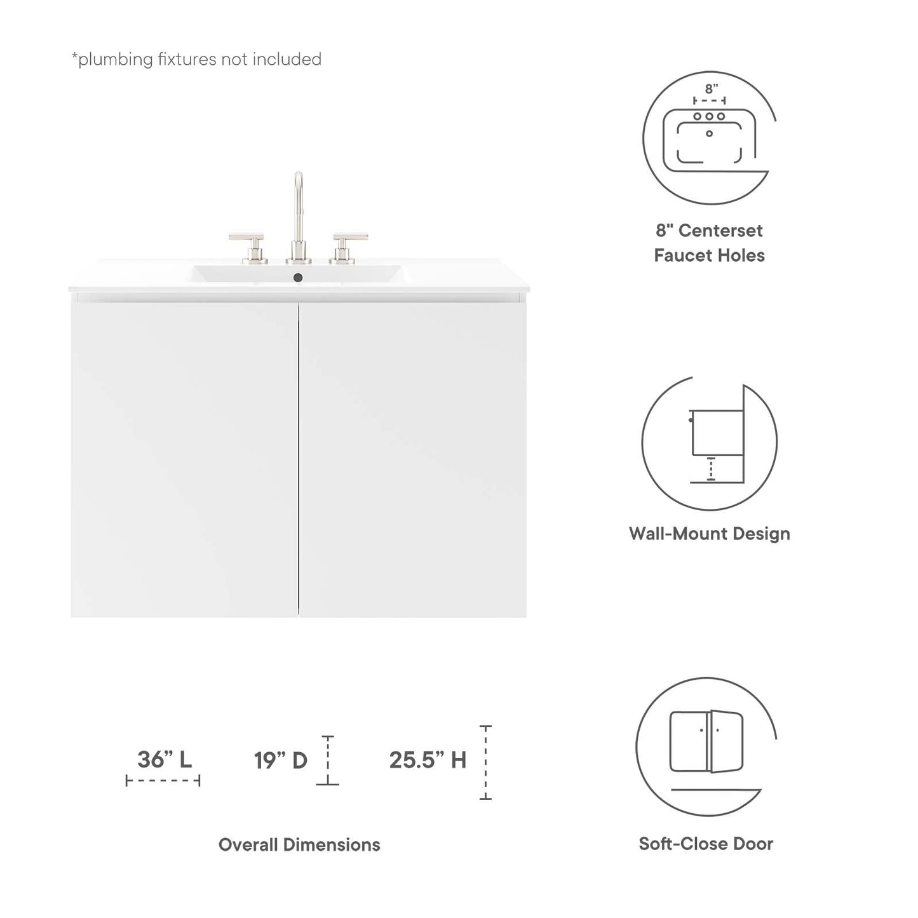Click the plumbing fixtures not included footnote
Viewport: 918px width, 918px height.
coord(196,60)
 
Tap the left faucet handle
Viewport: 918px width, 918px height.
coord(246,245)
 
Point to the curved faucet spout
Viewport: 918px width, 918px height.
coord(298,191)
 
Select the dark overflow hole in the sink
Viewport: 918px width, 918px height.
coord(298,277)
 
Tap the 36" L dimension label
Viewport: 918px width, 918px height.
coord(165,759)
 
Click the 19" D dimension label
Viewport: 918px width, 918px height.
coord(280,760)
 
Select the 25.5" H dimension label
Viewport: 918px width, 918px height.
coord(428,760)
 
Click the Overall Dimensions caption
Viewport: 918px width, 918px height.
coord(299,844)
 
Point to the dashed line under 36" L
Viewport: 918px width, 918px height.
coord(163,781)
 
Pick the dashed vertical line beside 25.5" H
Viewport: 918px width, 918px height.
coord(485,762)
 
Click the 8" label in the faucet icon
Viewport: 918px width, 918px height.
coord(711,90)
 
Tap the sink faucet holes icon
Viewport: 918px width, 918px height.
coord(709,137)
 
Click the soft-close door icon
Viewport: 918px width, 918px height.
coord(706,743)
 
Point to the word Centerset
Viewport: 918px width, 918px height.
coord(720,231)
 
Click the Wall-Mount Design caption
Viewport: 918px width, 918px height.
coord(710,534)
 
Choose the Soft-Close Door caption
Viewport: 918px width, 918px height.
coord(706,844)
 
